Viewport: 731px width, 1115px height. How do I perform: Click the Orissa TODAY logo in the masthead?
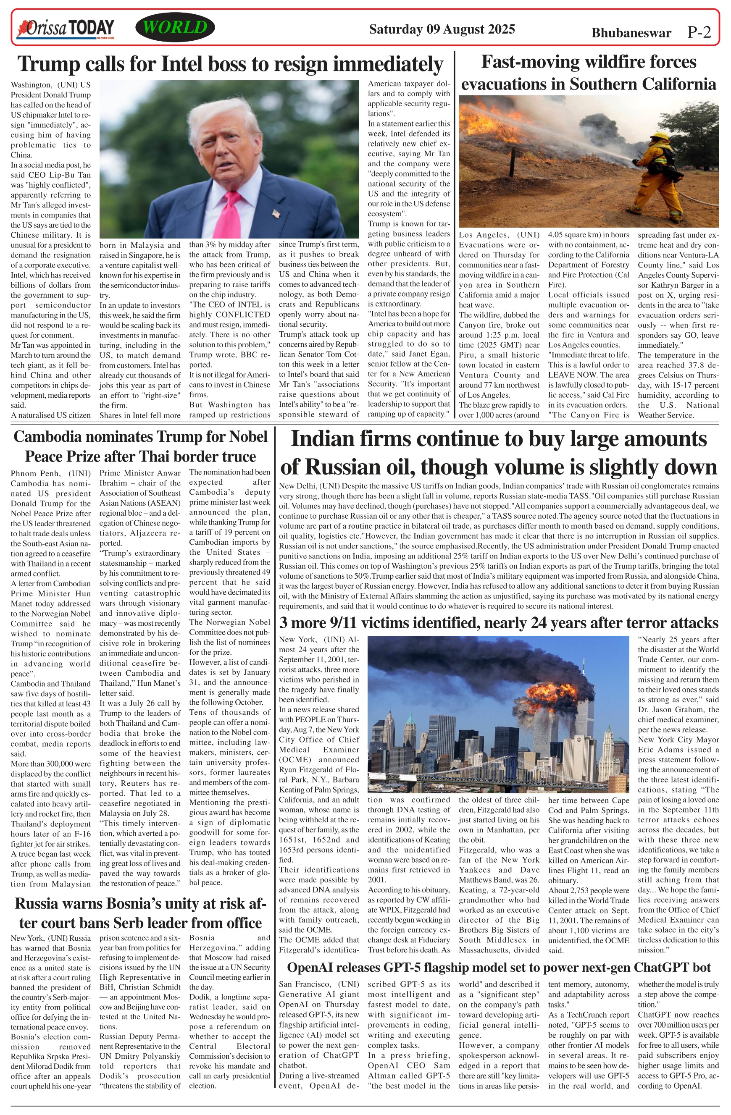pyautogui.click(x=66, y=29)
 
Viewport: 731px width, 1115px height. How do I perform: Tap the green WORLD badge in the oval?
pyautogui.click(x=175, y=28)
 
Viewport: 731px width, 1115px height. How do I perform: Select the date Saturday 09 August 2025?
pyautogui.click(x=442, y=29)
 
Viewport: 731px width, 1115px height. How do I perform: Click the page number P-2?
pyautogui.click(x=699, y=32)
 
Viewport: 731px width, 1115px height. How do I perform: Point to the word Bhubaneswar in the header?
pyautogui.click(x=631, y=33)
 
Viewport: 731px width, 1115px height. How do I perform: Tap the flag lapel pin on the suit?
pyautogui.click(x=276, y=214)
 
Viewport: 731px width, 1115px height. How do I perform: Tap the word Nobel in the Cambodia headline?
pyautogui.click(x=248, y=437)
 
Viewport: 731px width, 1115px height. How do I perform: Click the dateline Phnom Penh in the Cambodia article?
pyautogui.click(x=36, y=473)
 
